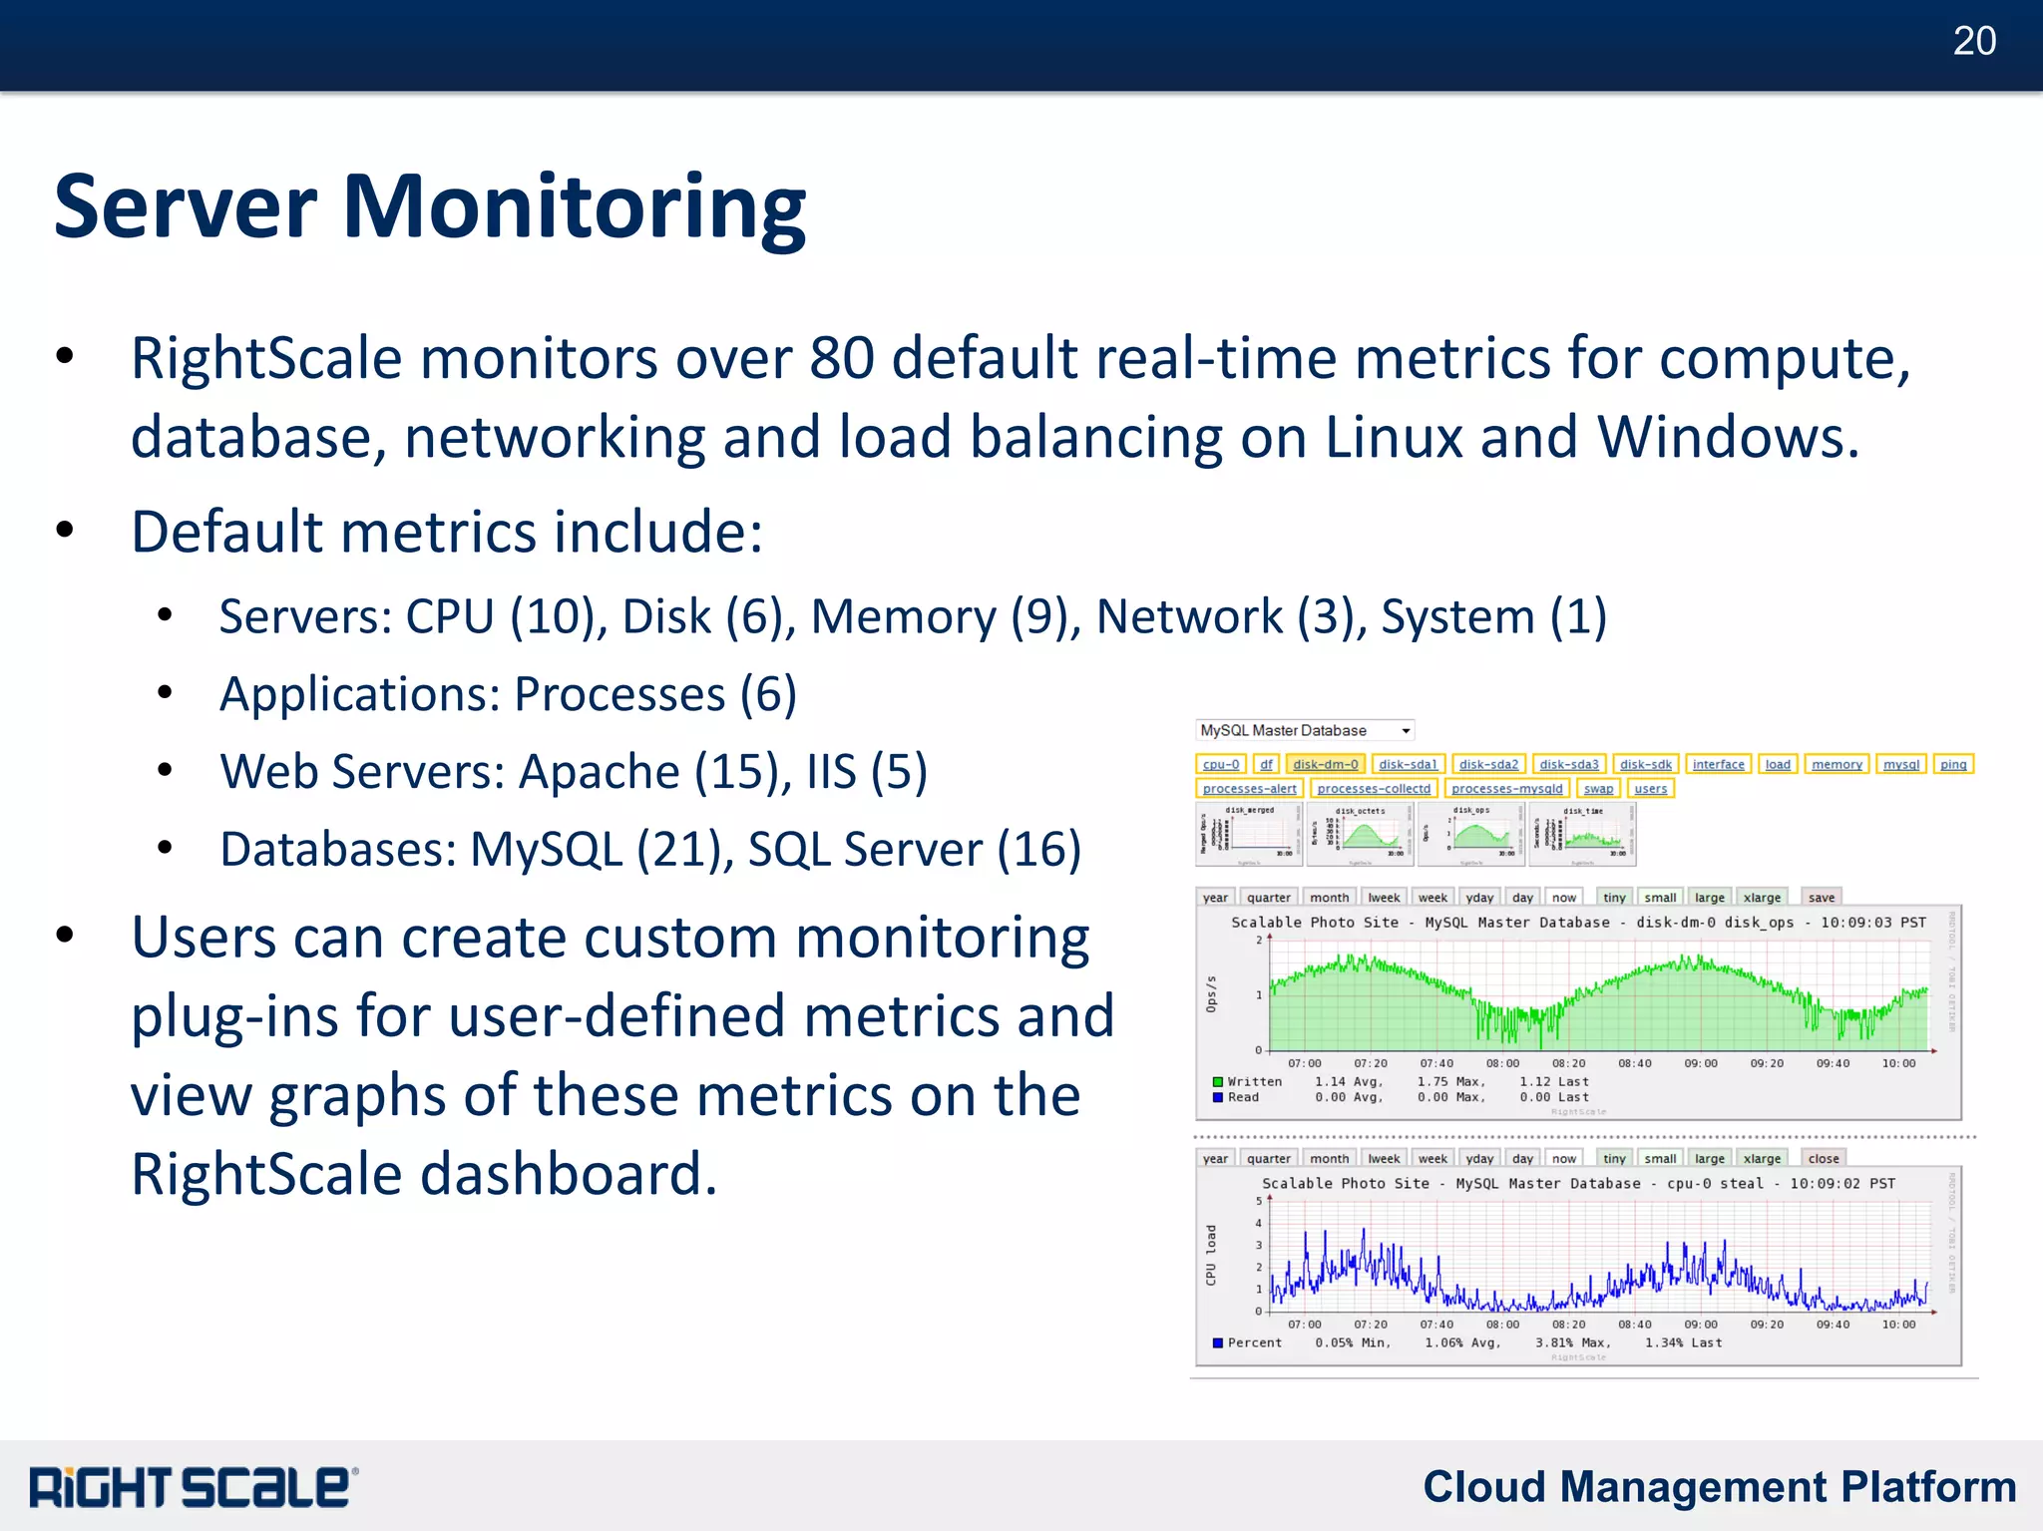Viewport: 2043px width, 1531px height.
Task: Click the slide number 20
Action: [1973, 41]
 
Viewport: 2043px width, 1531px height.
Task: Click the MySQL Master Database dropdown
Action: [1304, 730]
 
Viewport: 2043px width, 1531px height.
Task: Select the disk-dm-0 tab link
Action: [1325, 764]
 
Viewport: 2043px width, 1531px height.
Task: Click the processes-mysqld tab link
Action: [1506, 789]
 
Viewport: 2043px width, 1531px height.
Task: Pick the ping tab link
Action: [1952, 764]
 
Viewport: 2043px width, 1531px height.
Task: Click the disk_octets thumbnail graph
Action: [1360, 833]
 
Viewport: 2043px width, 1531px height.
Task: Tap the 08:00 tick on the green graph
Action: [1502, 1063]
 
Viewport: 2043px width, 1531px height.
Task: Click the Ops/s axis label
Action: [1211, 994]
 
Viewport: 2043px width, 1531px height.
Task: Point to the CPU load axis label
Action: [1211, 1255]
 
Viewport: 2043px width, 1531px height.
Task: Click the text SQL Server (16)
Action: [914, 850]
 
